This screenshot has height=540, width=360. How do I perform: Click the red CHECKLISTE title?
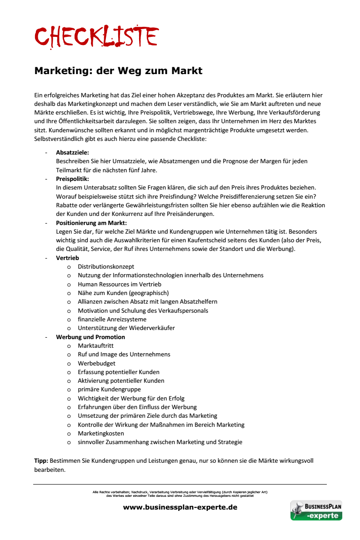coord(96,36)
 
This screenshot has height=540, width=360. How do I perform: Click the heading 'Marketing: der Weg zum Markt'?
coord(118,71)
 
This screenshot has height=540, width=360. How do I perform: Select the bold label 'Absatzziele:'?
coord(72,152)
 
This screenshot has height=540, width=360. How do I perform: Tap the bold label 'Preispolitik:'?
coord(72,179)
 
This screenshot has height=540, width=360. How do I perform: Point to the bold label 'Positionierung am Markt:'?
coord(91,223)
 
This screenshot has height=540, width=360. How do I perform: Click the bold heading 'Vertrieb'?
coord(67,258)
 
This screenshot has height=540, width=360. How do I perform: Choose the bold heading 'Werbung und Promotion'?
coord(90,337)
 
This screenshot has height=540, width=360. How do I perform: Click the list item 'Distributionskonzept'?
coord(106,267)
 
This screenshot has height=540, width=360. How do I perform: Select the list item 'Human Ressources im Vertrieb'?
coord(120,284)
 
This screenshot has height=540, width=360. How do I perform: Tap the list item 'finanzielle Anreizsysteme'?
coord(112,319)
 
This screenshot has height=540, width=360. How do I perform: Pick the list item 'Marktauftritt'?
coord(95,346)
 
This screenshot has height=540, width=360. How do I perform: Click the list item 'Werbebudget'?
coord(96,363)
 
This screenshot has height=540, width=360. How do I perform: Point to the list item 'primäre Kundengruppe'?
coord(109,390)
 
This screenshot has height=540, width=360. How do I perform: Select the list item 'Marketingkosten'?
coord(101,433)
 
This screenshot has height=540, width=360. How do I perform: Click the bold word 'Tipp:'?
coord(41,460)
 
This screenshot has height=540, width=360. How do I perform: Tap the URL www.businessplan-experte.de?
coord(180,507)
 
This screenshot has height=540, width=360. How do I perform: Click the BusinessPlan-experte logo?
coord(316,510)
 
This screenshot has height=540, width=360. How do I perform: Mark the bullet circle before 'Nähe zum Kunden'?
coord(69,293)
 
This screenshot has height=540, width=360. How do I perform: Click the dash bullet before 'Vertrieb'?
coord(46,258)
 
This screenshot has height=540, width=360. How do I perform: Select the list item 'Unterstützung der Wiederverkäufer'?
coord(126,328)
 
